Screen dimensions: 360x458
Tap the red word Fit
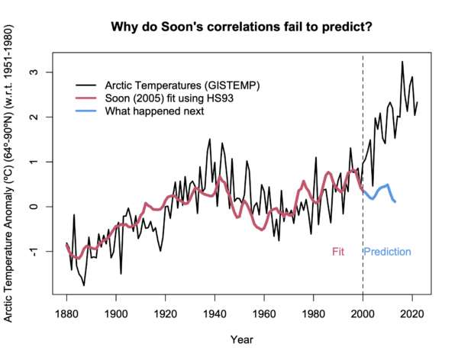coord(339,252)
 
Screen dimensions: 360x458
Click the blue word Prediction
coord(387,252)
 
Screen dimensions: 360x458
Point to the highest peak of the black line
coord(402,62)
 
